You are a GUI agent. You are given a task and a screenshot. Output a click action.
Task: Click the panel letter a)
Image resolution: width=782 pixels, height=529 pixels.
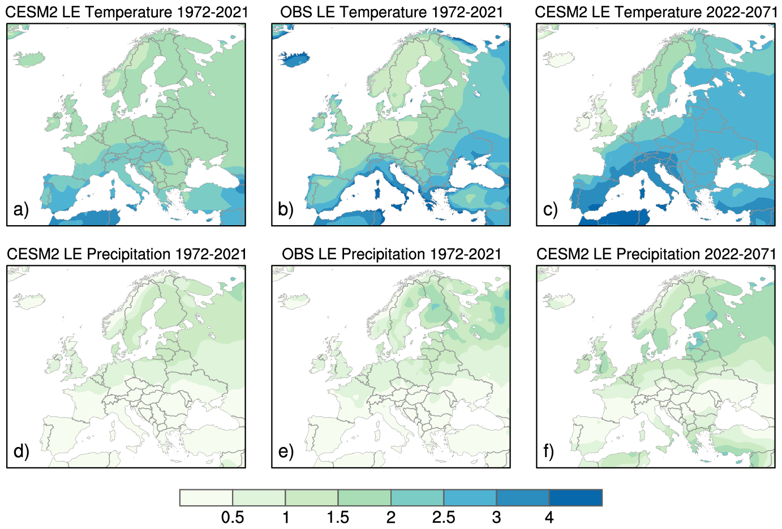pyautogui.click(x=21, y=209)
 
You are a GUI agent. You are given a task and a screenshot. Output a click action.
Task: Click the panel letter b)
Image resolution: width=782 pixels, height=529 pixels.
pyautogui.click(x=286, y=209)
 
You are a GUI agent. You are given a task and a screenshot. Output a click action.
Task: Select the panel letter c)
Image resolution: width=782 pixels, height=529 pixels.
pyautogui.click(x=551, y=209)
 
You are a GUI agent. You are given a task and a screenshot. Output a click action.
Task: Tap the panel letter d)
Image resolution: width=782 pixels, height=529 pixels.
pyautogui.click(x=21, y=451)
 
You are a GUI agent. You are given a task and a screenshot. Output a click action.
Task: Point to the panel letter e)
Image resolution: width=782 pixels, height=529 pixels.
pyautogui.click(x=286, y=451)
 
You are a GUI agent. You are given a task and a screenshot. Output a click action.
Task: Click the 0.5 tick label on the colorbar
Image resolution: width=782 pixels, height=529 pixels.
pyautogui.click(x=233, y=517)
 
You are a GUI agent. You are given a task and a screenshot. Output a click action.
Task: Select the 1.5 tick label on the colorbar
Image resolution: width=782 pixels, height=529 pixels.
pyautogui.click(x=338, y=517)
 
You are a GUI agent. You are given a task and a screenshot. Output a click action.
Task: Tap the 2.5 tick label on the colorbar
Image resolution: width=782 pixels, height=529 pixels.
pyautogui.click(x=444, y=517)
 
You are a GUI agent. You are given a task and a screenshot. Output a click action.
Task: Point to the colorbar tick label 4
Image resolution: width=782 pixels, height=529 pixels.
pyautogui.click(x=549, y=517)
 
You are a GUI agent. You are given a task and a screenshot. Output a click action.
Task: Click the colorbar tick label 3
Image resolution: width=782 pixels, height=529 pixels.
pyautogui.click(x=496, y=517)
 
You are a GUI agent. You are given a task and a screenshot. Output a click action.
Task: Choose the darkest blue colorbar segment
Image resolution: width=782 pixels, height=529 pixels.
pyautogui.click(x=575, y=498)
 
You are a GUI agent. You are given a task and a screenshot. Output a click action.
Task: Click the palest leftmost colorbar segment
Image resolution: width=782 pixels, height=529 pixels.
pyautogui.click(x=207, y=498)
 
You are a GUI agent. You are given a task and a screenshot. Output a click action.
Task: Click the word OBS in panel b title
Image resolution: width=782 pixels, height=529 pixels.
pyautogui.click(x=295, y=12)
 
